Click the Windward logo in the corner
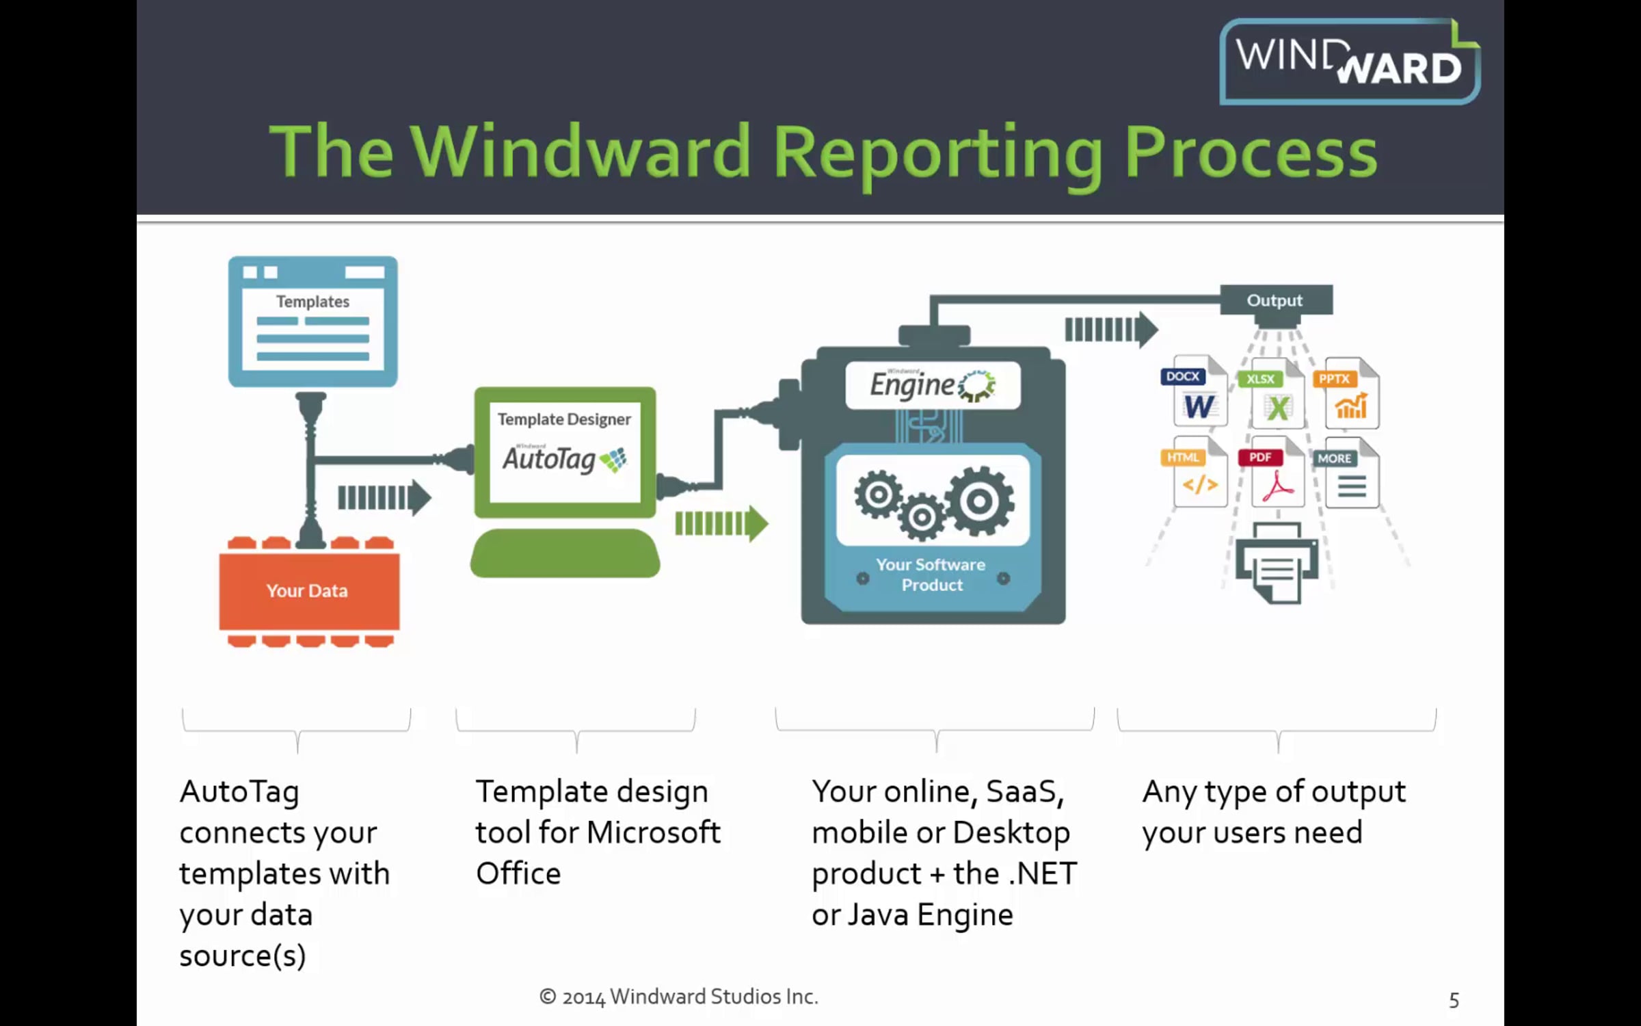pyautogui.click(x=1348, y=62)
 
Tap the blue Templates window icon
pyautogui.click(x=312, y=321)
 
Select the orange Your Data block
pyautogui.click(x=308, y=591)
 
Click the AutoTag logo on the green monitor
pyautogui.click(x=564, y=459)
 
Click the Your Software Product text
pyautogui.click(x=931, y=575)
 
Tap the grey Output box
pyautogui.click(x=1276, y=300)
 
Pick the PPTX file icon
pyautogui.click(x=1350, y=395)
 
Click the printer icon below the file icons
pyautogui.click(x=1276, y=564)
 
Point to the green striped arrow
pyautogui.click(x=721, y=524)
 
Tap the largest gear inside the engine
pyautogui.click(x=979, y=501)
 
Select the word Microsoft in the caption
pyautogui.click(x=653, y=832)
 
